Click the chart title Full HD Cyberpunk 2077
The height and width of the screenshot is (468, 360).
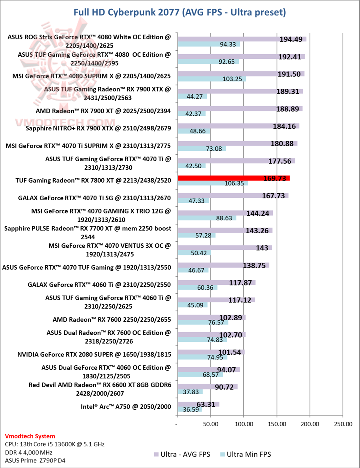click(x=180, y=11)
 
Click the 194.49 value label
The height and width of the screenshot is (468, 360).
click(x=292, y=38)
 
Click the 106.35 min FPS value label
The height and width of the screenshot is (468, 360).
click(x=235, y=183)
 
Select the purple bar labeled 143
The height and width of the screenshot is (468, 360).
click(x=225, y=247)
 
